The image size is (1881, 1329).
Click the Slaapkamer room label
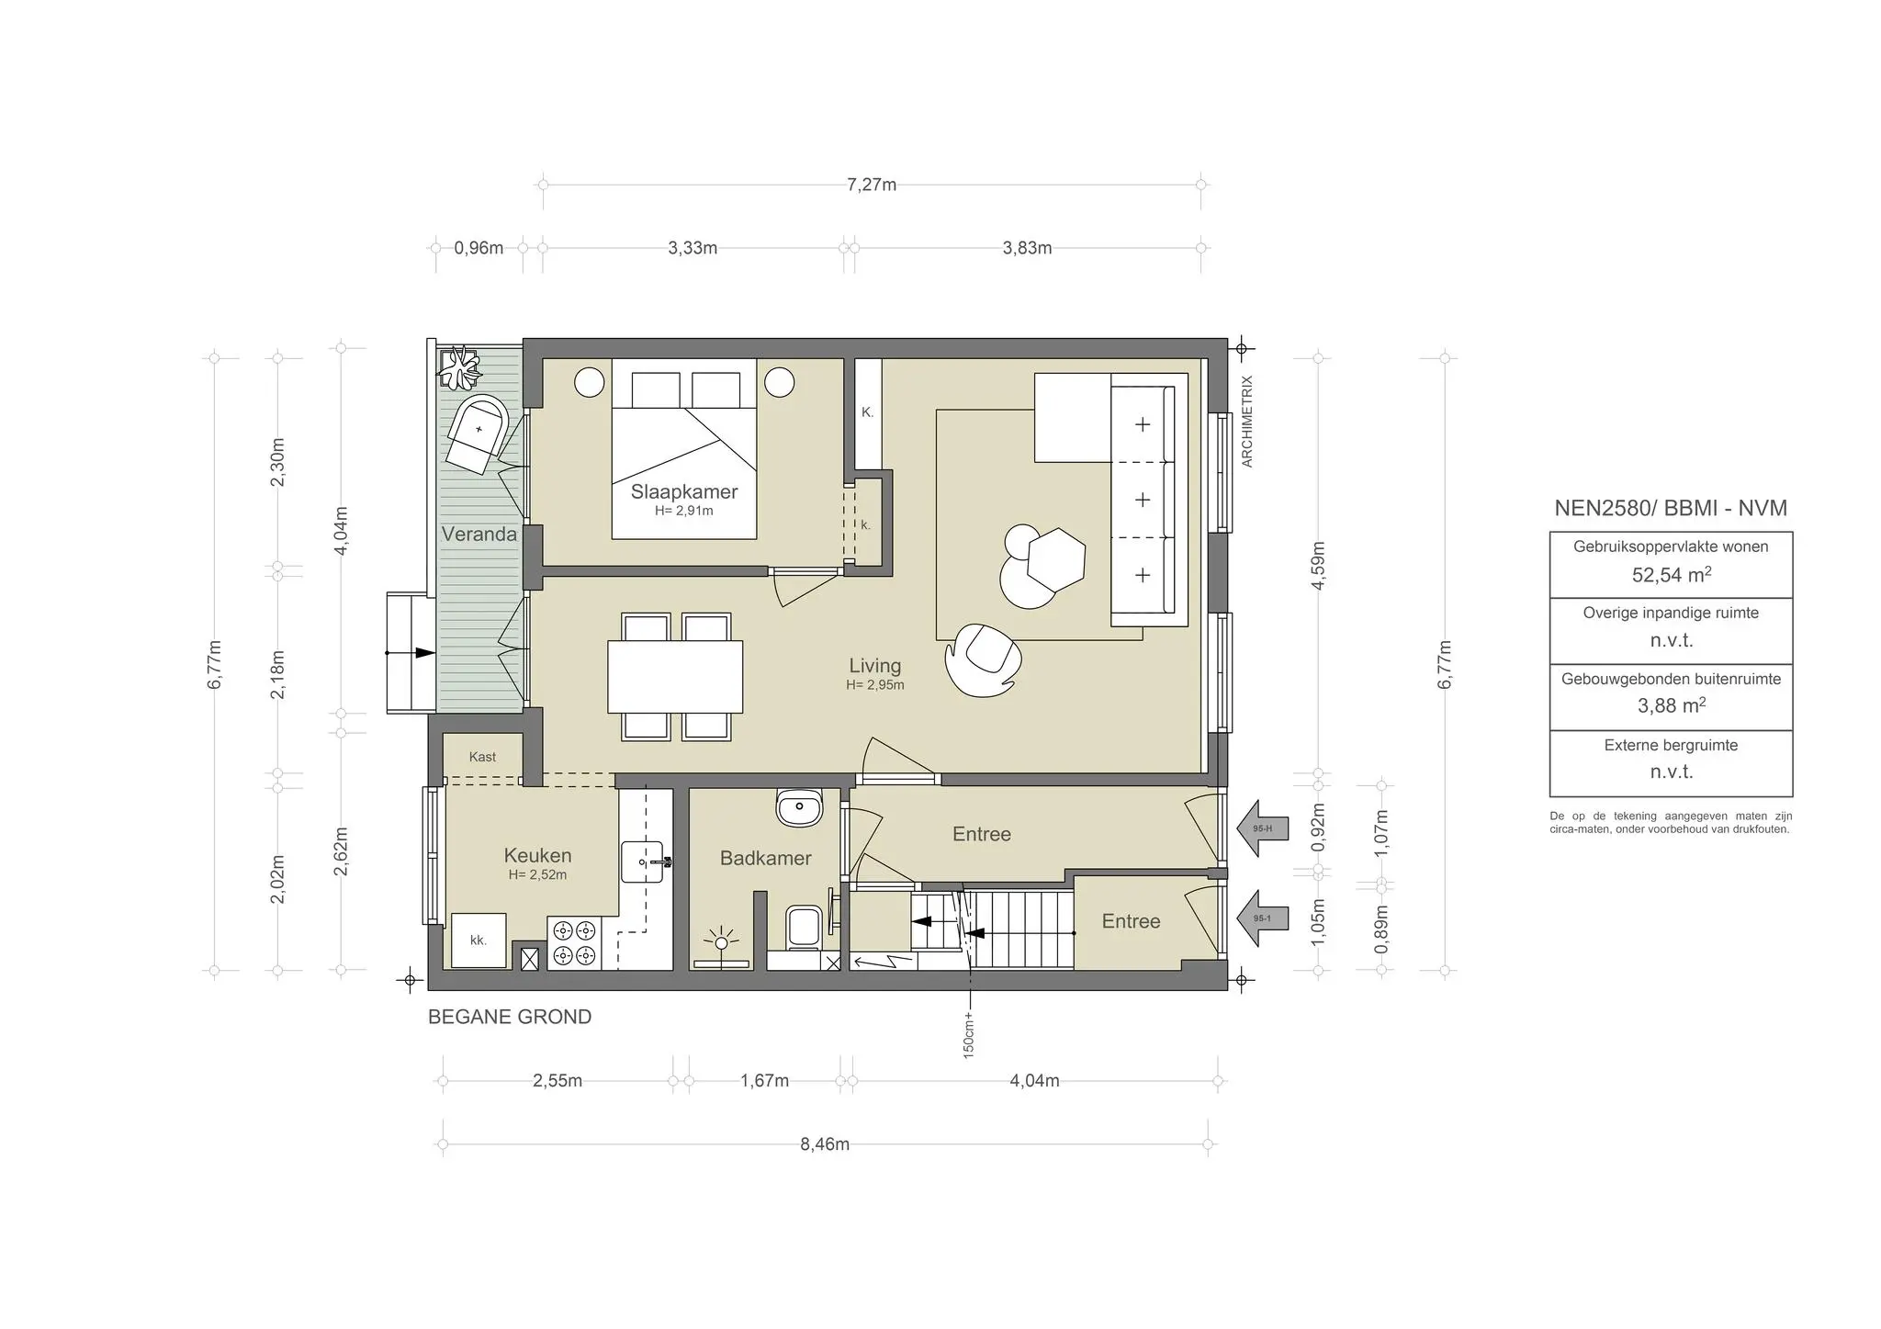[684, 491]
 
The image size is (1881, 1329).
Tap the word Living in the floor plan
[874, 666]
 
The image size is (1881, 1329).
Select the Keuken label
[537, 856]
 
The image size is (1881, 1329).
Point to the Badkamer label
[765, 858]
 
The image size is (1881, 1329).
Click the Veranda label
[479, 534]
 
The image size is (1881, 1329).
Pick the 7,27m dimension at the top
[872, 185]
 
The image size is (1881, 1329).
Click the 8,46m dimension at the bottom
[825, 1144]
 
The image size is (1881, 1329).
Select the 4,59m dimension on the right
[1318, 565]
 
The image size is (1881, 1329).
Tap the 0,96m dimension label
[479, 248]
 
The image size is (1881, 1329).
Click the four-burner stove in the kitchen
[573, 943]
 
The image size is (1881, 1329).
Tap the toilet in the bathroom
[805, 926]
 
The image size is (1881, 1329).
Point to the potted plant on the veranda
[458, 368]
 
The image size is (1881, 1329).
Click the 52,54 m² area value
[1671, 575]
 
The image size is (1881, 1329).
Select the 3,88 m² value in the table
[1671, 705]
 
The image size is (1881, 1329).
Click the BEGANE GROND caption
[510, 1017]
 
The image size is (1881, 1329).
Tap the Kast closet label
[482, 757]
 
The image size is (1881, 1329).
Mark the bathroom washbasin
[800, 808]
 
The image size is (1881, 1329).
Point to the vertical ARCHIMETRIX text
[1246, 422]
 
